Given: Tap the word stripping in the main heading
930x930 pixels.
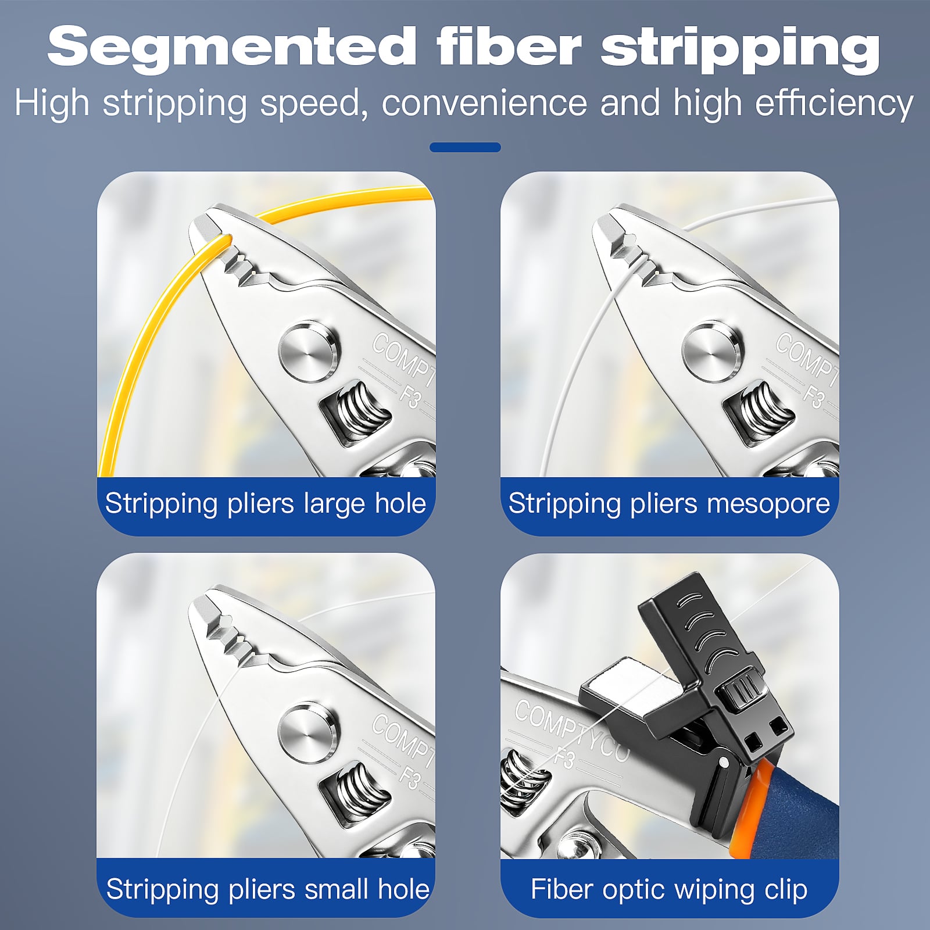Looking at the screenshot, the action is point(741,50).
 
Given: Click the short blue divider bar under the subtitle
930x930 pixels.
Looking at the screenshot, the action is point(465,147).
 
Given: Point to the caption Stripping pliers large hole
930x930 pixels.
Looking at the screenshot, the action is point(266,503).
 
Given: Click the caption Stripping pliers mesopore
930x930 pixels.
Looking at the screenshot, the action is point(669,503).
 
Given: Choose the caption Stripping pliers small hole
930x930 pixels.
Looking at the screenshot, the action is point(268,889).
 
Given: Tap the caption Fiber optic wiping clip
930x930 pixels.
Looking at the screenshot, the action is point(669,889).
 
